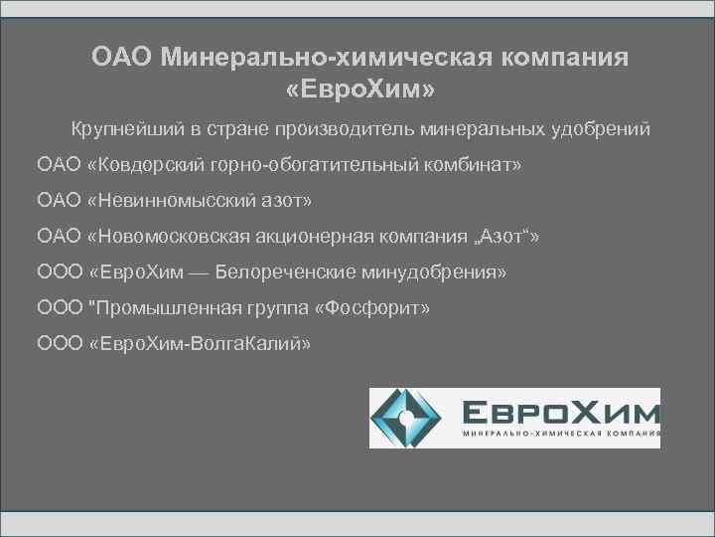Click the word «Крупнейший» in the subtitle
pyautogui.click(x=117, y=128)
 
